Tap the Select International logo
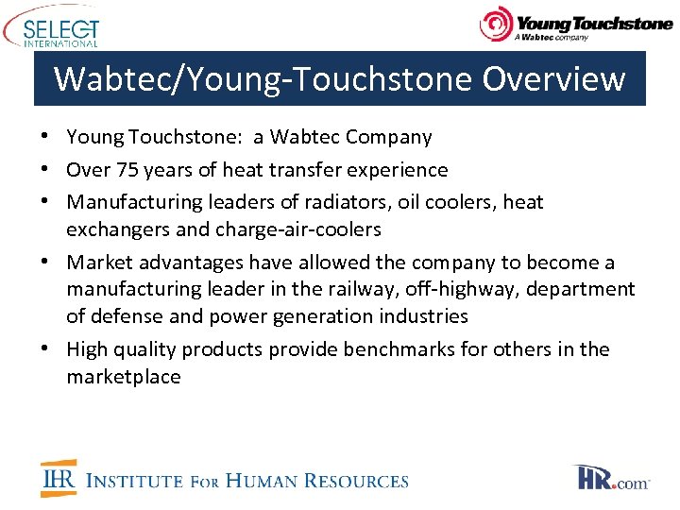[x=52, y=26]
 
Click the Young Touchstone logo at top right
[x=576, y=25]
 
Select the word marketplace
[x=123, y=377]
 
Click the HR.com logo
[x=611, y=479]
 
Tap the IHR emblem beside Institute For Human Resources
[x=59, y=479]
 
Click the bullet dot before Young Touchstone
[x=46, y=137]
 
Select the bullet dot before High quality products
[x=46, y=349]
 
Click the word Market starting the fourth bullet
[x=97, y=263]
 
